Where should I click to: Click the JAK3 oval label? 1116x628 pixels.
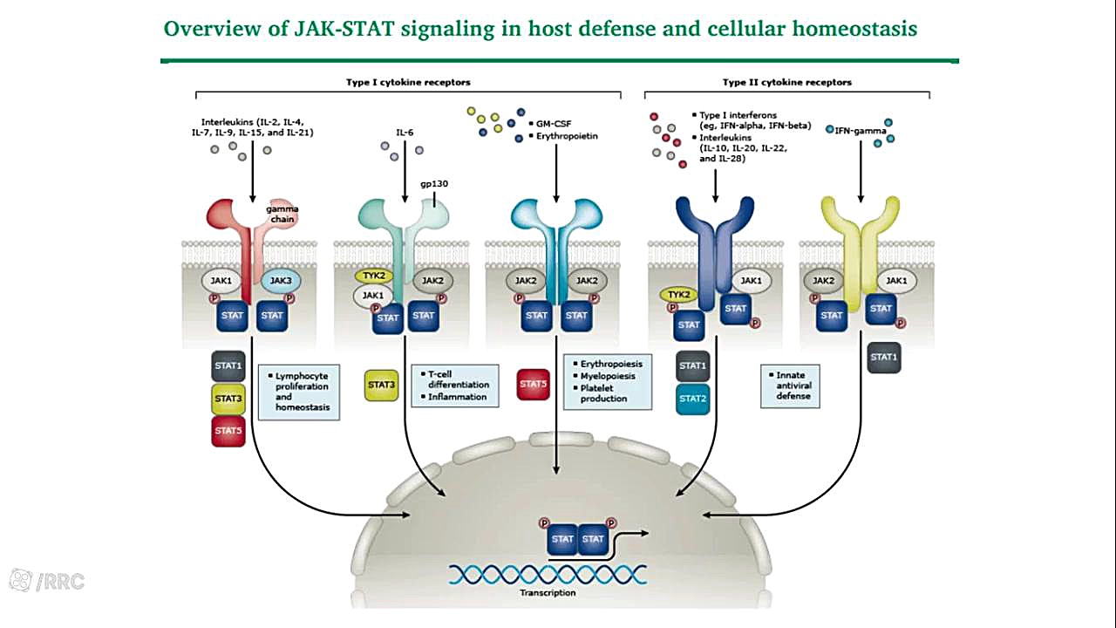pos(282,281)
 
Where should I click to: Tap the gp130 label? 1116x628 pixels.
pos(433,184)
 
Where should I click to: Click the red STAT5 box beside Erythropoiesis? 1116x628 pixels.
pos(534,384)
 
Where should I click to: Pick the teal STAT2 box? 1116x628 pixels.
pos(692,399)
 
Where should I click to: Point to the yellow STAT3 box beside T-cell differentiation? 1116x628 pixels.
pos(381,384)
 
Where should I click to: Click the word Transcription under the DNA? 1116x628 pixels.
pos(548,593)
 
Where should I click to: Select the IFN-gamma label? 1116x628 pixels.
pos(860,131)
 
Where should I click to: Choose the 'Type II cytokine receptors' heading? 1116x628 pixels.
pos(786,83)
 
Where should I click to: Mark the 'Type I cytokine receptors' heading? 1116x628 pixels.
pos(408,83)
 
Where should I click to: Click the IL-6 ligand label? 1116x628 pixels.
pos(405,133)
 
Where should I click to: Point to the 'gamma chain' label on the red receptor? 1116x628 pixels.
pos(281,215)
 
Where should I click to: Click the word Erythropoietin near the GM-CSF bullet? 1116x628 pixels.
pos(568,136)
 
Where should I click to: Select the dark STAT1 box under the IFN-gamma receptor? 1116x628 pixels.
pos(883,357)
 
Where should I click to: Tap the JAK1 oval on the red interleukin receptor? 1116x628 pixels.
pos(221,281)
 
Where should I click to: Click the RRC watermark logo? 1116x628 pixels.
pos(47,581)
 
